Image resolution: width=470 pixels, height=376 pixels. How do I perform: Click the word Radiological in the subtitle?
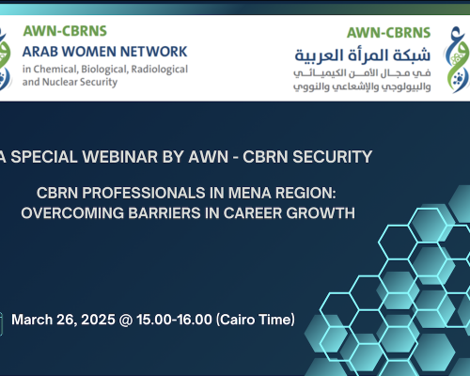[155, 69]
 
